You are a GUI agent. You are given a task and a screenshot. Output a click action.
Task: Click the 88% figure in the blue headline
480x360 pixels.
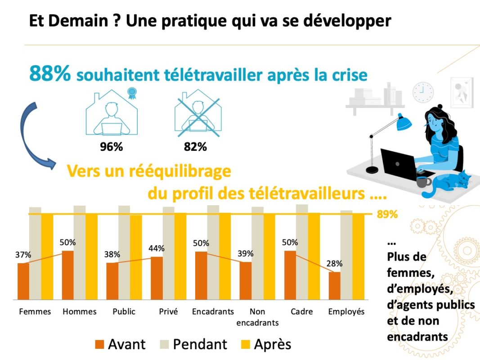pyautogui.click(x=49, y=74)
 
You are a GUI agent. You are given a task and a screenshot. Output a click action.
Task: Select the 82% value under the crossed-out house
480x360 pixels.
pyautogui.click(x=195, y=147)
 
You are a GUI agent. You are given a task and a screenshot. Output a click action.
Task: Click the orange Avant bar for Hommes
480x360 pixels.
pyautogui.click(x=67, y=275)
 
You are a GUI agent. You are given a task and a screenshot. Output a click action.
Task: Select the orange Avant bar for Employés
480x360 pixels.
pyautogui.click(x=334, y=285)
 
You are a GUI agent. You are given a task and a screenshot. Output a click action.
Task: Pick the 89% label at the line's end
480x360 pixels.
pyautogui.click(x=387, y=214)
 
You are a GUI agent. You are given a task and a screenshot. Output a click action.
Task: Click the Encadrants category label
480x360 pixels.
pyautogui.click(x=213, y=311)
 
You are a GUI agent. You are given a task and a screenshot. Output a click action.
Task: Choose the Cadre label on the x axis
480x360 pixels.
pyautogui.click(x=301, y=311)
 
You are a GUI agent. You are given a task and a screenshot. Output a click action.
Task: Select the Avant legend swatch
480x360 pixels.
pyautogui.click(x=99, y=345)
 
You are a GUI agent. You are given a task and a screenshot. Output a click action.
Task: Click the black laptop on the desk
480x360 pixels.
pyautogui.click(x=399, y=162)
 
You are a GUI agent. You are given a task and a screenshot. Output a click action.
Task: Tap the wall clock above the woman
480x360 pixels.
pyautogui.click(x=423, y=92)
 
